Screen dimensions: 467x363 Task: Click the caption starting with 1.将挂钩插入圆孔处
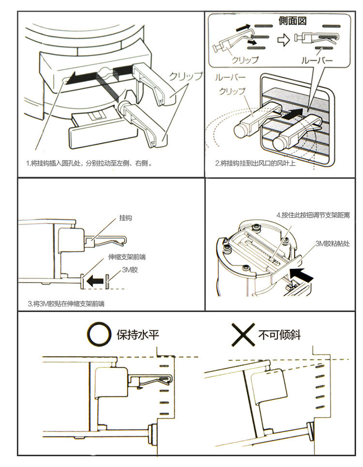[90, 163]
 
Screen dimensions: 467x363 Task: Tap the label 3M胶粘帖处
[332, 244]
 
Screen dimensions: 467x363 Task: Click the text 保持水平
[137, 334]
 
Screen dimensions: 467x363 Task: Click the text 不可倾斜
[279, 334]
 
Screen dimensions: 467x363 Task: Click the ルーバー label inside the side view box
[317, 60]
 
